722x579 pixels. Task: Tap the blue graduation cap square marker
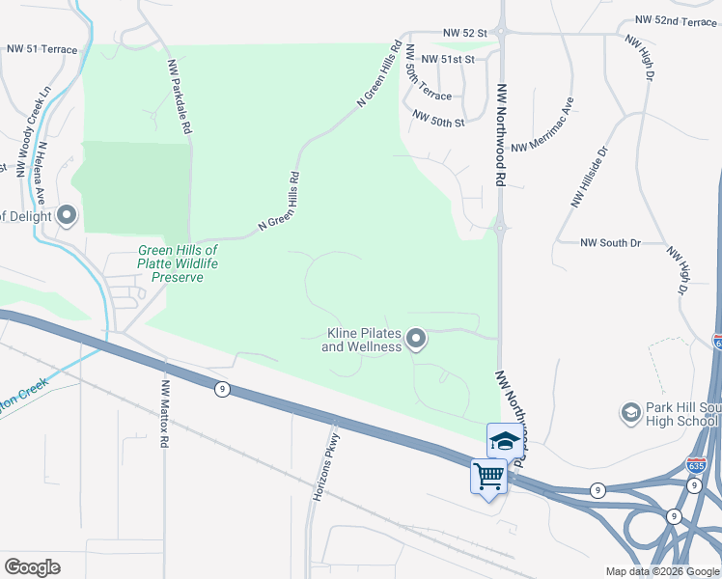504,441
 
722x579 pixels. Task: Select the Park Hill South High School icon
631,412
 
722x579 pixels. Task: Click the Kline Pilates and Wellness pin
416,339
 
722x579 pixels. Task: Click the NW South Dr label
612,243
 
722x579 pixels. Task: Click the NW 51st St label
445,60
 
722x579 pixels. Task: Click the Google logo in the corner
32,567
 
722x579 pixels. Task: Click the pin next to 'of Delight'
67,215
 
